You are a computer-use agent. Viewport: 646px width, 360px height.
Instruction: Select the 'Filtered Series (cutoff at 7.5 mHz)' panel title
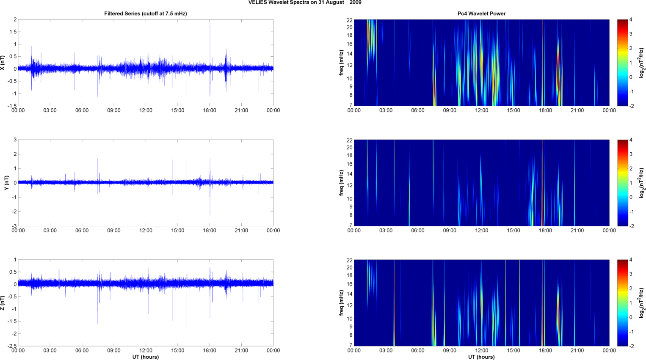point(145,14)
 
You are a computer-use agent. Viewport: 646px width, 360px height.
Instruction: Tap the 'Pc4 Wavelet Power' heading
point(481,14)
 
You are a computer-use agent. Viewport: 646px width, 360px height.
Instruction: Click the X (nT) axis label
point(3,63)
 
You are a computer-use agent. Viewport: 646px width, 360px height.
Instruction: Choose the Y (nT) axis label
point(6,182)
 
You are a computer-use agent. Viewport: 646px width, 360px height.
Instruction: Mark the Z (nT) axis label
point(3,303)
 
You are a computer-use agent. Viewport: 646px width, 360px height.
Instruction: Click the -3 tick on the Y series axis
point(14,226)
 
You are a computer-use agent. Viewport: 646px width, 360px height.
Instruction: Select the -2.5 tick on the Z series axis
point(12,346)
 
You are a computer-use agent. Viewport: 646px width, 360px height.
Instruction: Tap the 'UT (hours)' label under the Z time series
point(145,357)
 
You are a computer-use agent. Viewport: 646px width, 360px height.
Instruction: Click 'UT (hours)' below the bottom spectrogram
point(481,357)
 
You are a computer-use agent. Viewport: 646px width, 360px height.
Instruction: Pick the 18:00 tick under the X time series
point(210,110)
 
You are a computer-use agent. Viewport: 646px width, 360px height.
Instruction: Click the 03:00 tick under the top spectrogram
point(386,110)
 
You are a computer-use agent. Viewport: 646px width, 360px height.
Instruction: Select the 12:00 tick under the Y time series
point(146,231)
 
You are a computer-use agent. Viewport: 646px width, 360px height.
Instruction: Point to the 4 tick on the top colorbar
point(631,20)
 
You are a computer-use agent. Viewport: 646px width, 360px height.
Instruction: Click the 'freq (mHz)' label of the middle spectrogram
point(341,183)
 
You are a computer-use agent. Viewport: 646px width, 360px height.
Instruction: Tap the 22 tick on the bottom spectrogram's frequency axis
point(349,260)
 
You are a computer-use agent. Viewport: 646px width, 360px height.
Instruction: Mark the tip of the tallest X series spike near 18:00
point(210,25)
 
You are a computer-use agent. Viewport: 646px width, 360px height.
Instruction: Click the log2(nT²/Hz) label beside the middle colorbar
point(642,183)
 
